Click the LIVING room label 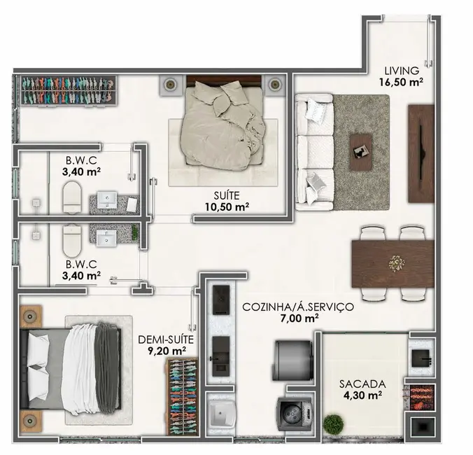coord(402,70)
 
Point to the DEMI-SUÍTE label coord(165,339)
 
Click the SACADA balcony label coord(360,384)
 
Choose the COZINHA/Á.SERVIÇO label coord(298,307)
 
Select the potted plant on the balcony coord(334,426)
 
